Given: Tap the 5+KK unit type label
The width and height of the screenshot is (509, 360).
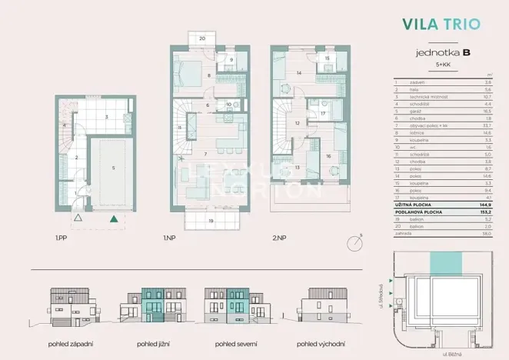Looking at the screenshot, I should [x=444, y=65].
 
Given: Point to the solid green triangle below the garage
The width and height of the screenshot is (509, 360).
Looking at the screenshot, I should [x=114, y=219].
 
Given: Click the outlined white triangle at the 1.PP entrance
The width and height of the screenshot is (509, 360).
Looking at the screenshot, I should [x=78, y=219].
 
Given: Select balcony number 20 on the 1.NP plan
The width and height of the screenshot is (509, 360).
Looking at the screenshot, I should [x=201, y=38].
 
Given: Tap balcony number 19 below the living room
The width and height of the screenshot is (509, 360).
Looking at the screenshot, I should [x=211, y=221].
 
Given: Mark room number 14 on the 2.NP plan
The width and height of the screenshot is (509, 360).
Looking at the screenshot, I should [x=298, y=73].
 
